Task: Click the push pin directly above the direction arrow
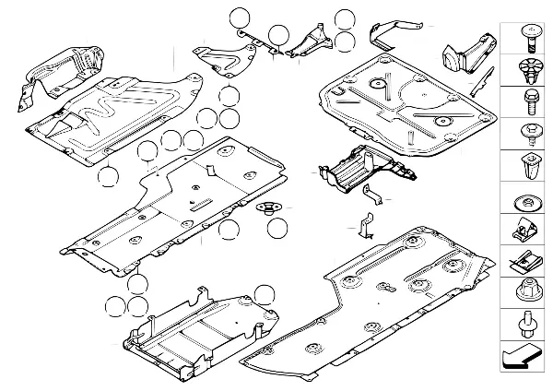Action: (x=526, y=325)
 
